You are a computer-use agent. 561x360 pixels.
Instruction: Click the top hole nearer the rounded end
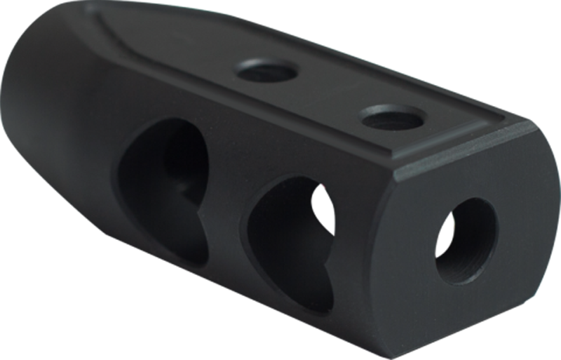tap(264, 70)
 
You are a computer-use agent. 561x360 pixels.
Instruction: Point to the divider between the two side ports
tap(228, 211)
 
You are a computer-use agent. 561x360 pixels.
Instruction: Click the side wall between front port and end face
tap(372, 260)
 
